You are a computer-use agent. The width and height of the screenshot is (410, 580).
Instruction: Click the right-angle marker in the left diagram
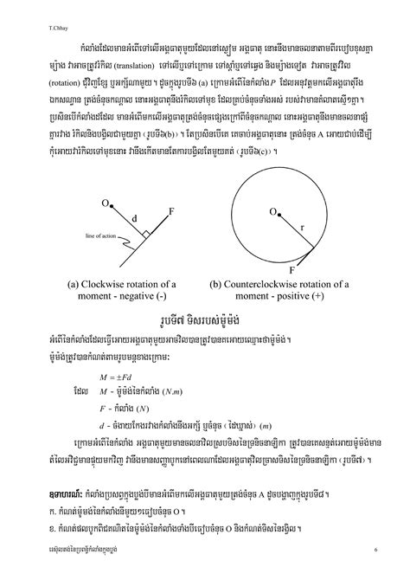pos(148,233)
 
